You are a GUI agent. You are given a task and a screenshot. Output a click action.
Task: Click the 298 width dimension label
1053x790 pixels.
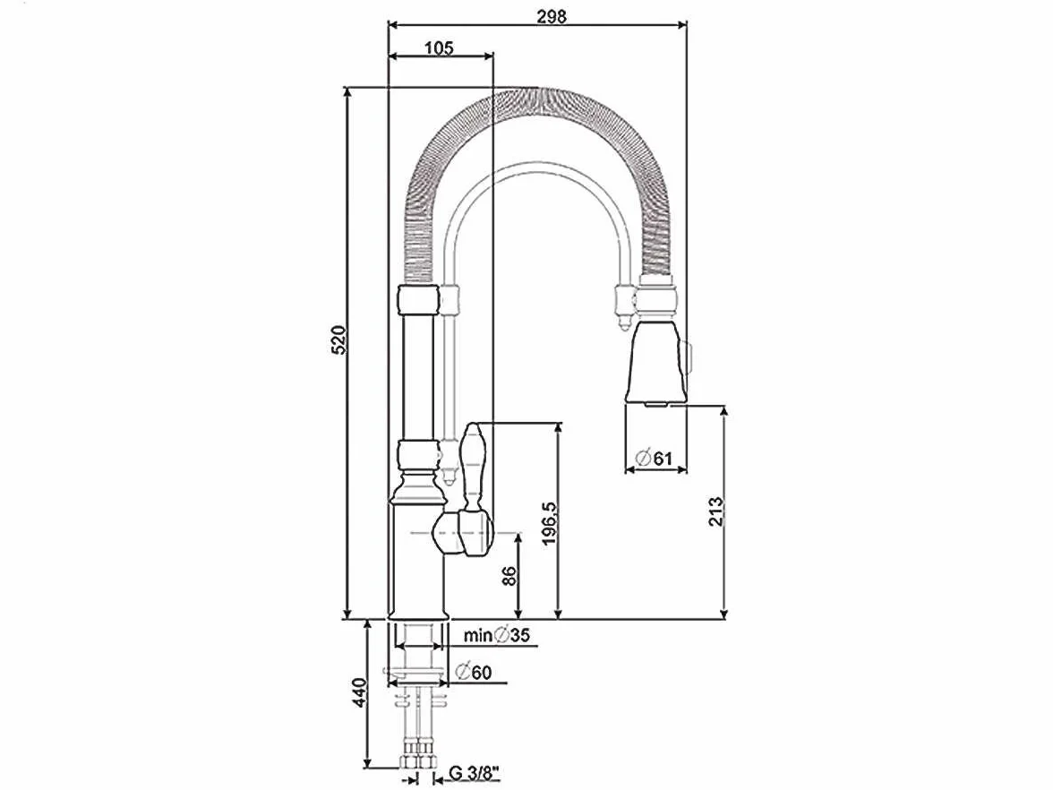tap(552, 16)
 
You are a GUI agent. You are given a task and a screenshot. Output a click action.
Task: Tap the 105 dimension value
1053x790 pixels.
tap(439, 48)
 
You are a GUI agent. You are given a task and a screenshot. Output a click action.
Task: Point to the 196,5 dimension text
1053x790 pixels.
tap(549, 524)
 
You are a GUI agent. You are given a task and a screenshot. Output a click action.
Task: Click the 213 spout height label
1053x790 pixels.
tap(716, 511)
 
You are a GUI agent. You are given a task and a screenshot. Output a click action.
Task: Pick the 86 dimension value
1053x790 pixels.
tap(509, 576)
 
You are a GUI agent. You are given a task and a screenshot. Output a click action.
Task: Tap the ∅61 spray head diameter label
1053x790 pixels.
tap(654, 459)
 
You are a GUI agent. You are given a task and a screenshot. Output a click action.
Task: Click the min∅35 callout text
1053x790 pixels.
tap(497, 635)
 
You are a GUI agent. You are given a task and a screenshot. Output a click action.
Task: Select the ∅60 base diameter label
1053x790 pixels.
tap(473, 672)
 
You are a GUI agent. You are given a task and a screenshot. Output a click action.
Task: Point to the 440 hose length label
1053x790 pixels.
tap(359, 691)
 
